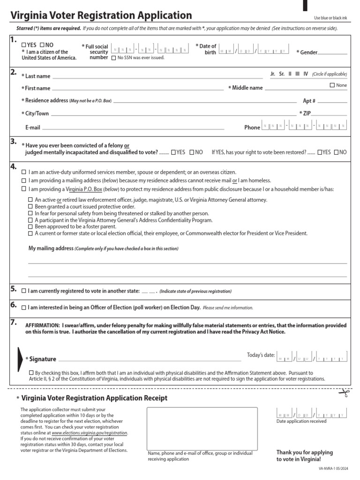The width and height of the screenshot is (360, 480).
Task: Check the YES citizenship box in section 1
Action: point(24,45)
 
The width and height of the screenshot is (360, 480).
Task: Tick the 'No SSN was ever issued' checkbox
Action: point(113,58)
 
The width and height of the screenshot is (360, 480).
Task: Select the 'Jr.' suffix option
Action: point(273,74)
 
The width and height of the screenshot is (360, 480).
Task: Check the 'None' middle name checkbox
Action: point(332,85)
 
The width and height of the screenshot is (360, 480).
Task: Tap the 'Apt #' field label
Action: point(309,101)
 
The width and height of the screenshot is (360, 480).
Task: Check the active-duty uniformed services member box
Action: point(24,172)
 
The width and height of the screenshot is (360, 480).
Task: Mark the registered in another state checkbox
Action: point(24,291)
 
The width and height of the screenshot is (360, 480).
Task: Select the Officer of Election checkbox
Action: point(24,307)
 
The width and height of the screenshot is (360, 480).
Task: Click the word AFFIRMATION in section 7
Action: point(42,325)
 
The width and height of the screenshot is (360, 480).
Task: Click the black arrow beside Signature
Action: point(20,359)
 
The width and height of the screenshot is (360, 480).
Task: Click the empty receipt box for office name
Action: point(202,428)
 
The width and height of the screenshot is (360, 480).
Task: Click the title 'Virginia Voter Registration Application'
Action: point(101,15)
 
